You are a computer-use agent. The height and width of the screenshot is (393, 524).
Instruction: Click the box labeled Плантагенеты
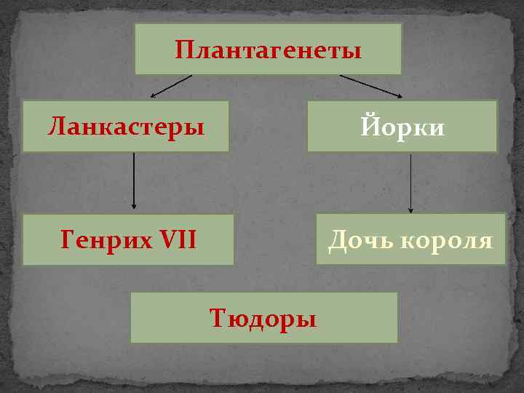pyautogui.click(x=268, y=49)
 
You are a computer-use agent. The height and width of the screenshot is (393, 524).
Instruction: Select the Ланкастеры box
pyautogui.click(x=125, y=126)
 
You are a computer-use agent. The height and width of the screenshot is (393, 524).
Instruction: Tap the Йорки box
pyautogui.click(x=402, y=126)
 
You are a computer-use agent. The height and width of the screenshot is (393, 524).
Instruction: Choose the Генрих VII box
pyautogui.click(x=128, y=239)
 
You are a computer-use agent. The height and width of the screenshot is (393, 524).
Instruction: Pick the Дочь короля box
pyautogui.click(x=410, y=239)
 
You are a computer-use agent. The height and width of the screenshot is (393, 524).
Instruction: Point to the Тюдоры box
pyautogui.click(x=263, y=317)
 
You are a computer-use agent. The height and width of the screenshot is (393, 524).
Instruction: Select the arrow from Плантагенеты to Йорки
pyautogui.click(x=371, y=86)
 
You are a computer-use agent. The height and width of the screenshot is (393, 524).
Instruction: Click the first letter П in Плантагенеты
pyautogui.click(x=183, y=50)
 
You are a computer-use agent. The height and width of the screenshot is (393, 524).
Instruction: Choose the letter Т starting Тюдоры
pyautogui.click(x=216, y=318)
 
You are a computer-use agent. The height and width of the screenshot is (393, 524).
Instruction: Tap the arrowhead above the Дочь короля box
pyautogui.click(x=410, y=209)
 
